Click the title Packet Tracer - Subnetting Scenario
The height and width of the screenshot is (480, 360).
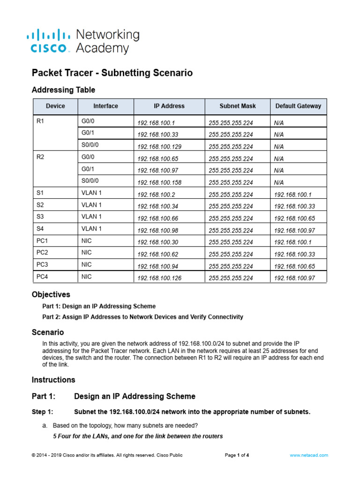112,73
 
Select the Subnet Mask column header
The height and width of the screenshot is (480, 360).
238,106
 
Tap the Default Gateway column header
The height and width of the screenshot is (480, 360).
298,106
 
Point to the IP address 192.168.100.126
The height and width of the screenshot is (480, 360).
159,278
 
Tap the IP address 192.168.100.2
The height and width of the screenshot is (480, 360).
156,195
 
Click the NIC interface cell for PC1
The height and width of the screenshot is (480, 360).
87,241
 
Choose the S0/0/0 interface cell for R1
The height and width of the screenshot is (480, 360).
90,145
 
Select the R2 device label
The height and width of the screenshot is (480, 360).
40,157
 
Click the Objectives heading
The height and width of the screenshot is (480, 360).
51,295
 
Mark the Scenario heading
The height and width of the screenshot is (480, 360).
48,332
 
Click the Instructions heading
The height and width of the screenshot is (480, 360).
53,380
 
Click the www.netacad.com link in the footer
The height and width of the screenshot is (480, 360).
309,455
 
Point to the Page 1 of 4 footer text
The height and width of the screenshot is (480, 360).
237,455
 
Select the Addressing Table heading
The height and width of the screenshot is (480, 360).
63,90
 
